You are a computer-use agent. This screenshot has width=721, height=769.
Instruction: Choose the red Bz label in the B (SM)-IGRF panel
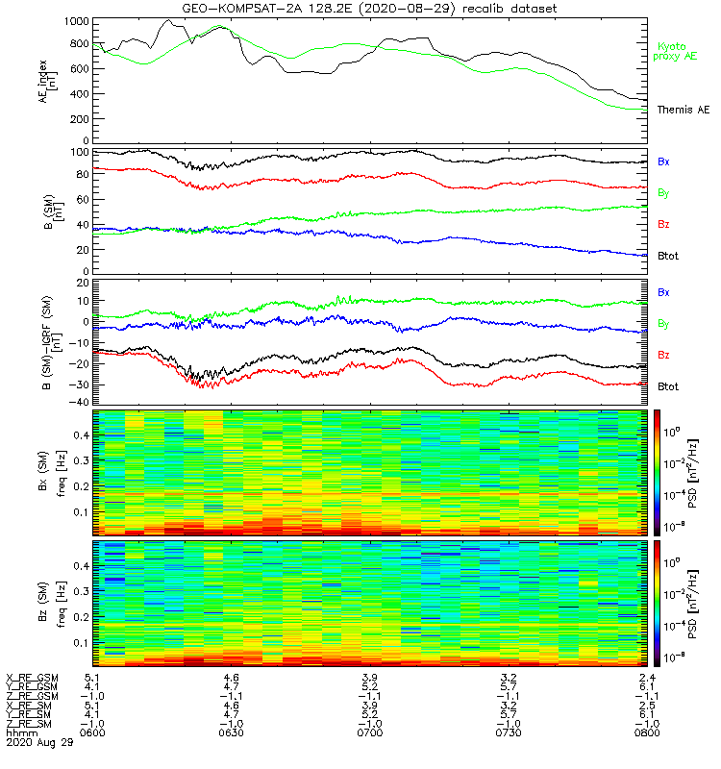tap(664, 356)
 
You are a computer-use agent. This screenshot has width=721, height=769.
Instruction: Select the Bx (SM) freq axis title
tap(53, 471)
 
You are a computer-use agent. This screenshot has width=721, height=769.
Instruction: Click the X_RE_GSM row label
tap(32, 678)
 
